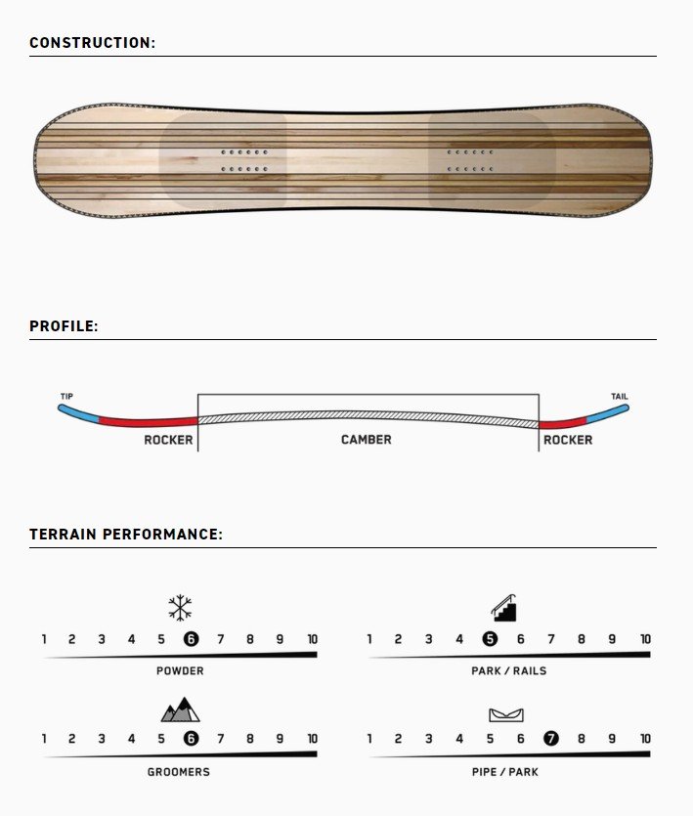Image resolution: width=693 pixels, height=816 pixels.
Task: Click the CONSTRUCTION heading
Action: [x=92, y=43]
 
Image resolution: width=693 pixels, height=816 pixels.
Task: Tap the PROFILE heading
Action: [x=64, y=326]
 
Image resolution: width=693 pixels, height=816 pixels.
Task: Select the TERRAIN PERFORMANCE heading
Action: [x=126, y=535]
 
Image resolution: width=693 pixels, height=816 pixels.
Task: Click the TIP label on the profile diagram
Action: [x=66, y=396]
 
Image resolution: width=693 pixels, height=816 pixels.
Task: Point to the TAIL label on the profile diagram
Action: [x=619, y=396]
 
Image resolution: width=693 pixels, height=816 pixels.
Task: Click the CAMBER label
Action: [x=366, y=440]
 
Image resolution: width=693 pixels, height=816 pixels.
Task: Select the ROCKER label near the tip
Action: [x=168, y=441]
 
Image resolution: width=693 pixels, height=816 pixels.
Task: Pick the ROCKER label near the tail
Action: [x=568, y=441]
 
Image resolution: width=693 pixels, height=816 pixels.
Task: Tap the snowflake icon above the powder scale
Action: [x=180, y=607]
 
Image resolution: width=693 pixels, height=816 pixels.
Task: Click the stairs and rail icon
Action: [x=504, y=608]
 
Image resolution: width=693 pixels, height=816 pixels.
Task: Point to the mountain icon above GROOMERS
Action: [x=180, y=709]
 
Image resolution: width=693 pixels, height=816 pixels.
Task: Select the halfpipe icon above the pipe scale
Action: [x=506, y=715]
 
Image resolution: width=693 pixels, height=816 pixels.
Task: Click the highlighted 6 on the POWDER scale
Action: [x=191, y=638]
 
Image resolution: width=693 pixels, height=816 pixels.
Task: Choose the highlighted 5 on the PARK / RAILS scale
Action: [x=490, y=638]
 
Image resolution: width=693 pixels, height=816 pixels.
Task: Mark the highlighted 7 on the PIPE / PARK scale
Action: [x=551, y=739]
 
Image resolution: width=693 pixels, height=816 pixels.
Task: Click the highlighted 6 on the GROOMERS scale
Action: [x=191, y=739]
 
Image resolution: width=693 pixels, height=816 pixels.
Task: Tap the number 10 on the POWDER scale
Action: [x=313, y=639]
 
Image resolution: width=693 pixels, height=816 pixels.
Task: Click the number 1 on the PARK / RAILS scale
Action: [x=369, y=639]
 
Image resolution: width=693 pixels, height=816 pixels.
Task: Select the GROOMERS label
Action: [x=179, y=772]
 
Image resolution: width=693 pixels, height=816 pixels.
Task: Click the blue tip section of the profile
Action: [x=78, y=412]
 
